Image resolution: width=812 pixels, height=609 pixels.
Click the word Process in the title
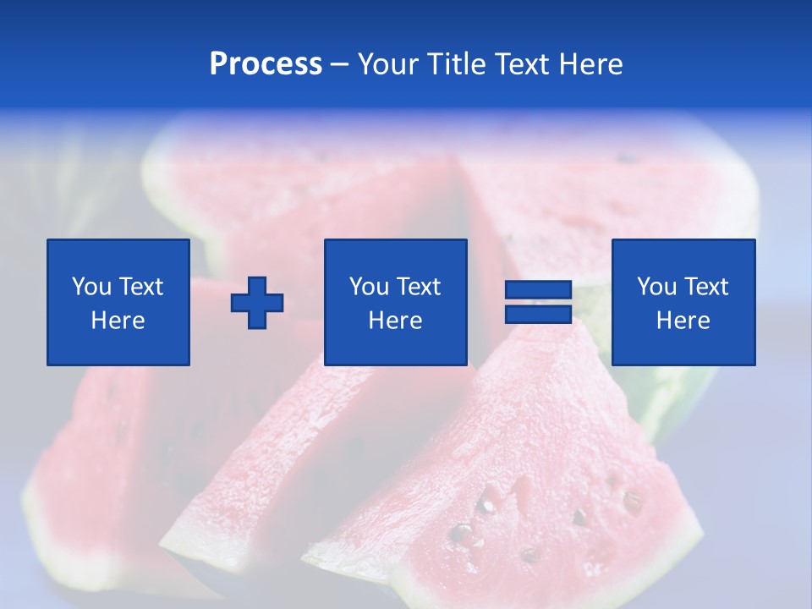pyautogui.click(x=266, y=64)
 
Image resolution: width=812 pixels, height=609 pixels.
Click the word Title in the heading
pyautogui.click(x=458, y=64)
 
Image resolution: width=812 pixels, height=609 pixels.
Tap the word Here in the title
pyautogui.click(x=590, y=64)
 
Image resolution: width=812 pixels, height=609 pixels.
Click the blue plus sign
pyautogui.click(x=257, y=303)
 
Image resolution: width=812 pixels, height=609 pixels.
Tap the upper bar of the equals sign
pyautogui.click(x=539, y=290)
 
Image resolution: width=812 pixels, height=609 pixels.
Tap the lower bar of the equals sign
pyautogui.click(x=539, y=314)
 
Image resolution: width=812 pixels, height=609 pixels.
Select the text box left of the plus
pyautogui.click(x=118, y=302)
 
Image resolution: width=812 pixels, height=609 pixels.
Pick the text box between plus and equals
pyautogui.click(x=396, y=302)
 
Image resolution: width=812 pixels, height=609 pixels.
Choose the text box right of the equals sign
pyautogui.click(x=683, y=302)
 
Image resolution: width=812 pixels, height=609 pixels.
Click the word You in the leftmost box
pyautogui.click(x=91, y=287)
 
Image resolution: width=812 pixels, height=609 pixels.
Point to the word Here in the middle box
pyautogui.click(x=396, y=321)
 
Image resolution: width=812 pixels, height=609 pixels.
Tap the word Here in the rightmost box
pyautogui.click(x=683, y=321)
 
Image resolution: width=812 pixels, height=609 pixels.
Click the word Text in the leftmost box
pyautogui.click(x=140, y=287)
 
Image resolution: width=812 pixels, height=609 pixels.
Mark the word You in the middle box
pyautogui.click(x=369, y=287)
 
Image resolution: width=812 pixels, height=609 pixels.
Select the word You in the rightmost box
pyautogui.click(x=656, y=287)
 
